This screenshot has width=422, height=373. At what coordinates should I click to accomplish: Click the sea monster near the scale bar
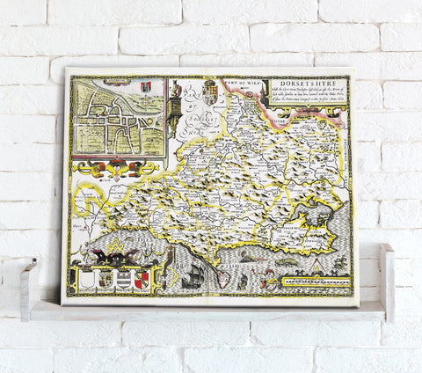pyautogui.click(x=286, y=261)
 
